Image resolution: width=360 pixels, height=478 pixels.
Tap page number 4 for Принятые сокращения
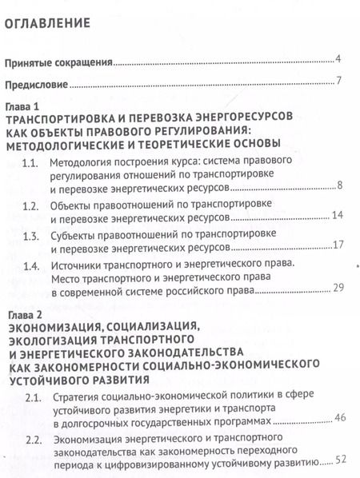click(x=339, y=59)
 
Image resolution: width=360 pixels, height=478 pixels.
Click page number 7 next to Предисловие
click(x=339, y=82)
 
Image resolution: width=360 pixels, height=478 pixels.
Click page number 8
click(x=340, y=187)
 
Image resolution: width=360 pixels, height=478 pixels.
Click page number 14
click(x=337, y=216)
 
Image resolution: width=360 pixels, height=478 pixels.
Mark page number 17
click(x=337, y=244)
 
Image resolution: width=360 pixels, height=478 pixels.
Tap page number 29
click(x=337, y=288)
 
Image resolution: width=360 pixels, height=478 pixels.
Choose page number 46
click(x=338, y=418)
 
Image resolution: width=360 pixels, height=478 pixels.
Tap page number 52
click(x=338, y=460)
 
